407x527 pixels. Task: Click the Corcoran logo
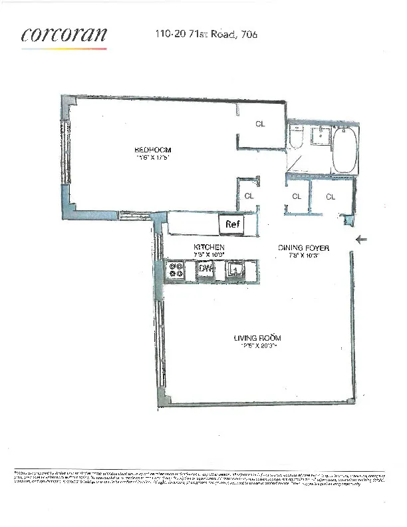(63, 36)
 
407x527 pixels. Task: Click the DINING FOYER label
(303, 247)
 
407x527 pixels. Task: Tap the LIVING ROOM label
(255, 337)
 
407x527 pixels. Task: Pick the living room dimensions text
(255, 346)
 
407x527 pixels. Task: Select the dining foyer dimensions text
(303, 255)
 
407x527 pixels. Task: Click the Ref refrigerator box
(232, 224)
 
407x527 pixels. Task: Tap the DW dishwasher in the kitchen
(204, 269)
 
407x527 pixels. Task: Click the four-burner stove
(176, 270)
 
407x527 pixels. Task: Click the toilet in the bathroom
(297, 138)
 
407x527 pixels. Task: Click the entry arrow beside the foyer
(362, 240)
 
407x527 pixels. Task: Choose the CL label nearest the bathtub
(330, 196)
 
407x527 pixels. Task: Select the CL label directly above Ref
(249, 196)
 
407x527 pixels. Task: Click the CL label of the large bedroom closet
(261, 123)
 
